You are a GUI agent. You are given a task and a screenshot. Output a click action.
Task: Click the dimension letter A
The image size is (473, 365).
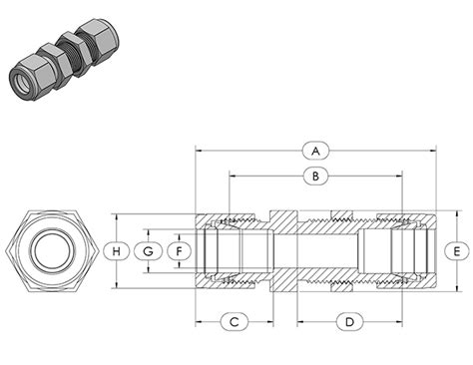click(315, 151)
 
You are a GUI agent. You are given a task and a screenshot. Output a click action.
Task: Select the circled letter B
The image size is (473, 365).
click(315, 177)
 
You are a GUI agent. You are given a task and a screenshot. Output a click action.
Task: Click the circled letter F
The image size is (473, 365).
click(180, 250)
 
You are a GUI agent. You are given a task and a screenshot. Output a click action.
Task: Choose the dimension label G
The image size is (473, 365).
click(148, 250)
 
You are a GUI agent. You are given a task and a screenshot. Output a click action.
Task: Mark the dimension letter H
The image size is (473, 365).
click(117, 250)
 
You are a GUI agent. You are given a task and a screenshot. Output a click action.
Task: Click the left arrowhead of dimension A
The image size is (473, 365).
click(198, 151)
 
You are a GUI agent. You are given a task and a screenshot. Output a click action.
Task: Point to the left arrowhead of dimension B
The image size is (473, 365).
click(232, 177)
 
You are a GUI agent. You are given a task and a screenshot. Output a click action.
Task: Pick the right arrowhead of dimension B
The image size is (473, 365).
click(400, 177)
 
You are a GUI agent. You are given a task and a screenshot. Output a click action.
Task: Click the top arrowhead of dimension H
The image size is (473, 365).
click(117, 213)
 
